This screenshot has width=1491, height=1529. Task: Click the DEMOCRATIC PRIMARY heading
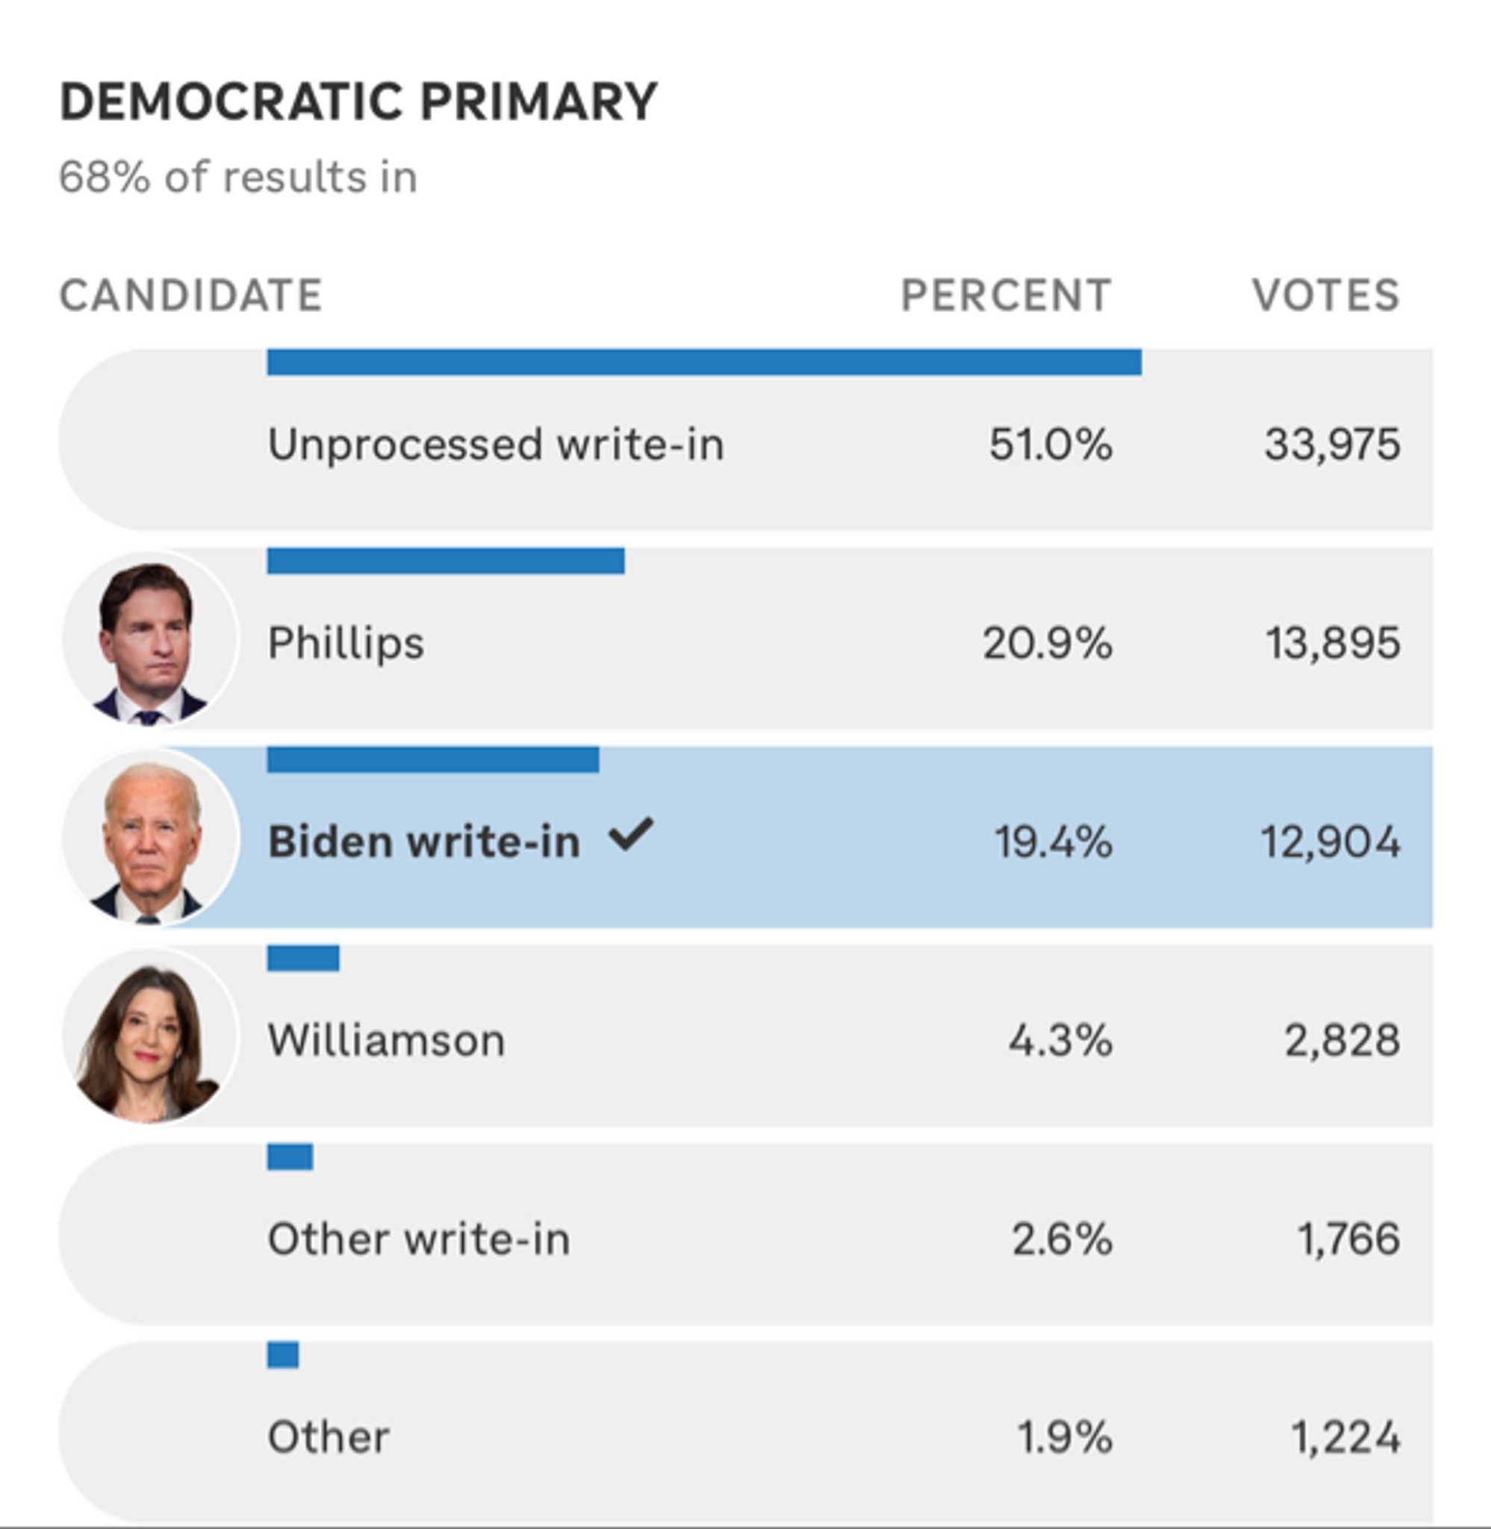click(x=358, y=102)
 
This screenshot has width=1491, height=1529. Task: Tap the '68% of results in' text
click(x=238, y=177)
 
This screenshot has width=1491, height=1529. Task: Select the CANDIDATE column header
click(x=190, y=295)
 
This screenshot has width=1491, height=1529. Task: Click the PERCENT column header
click(x=1006, y=295)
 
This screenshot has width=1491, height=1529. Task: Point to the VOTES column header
click(x=1325, y=295)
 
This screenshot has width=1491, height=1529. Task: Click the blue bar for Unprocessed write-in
click(x=703, y=363)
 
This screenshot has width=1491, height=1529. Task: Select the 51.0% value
click(x=1049, y=445)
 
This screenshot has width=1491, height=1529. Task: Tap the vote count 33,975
click(x=1332, y=445)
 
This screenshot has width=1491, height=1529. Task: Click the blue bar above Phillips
click(x=445, y=561)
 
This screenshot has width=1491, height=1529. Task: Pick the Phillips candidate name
click(x=346, y=644)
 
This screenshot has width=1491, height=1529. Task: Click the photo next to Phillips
click(x=149, y=638)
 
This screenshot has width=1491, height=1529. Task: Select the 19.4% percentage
click(x=1053, y=842)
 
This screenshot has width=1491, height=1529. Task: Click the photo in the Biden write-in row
click(x=149, y=836)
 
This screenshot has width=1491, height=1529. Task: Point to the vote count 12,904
click(x=1330, y=842)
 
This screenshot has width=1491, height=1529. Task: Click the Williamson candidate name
click(x=386, y=1041)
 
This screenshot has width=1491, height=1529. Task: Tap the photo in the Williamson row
click(x=149, y=1035)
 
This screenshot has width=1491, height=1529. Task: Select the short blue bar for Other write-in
click(x=290, y=1156)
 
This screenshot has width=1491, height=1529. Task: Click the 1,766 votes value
click(x=1348, y=1239)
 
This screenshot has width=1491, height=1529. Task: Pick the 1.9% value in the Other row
click(x=1063, y=1437)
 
